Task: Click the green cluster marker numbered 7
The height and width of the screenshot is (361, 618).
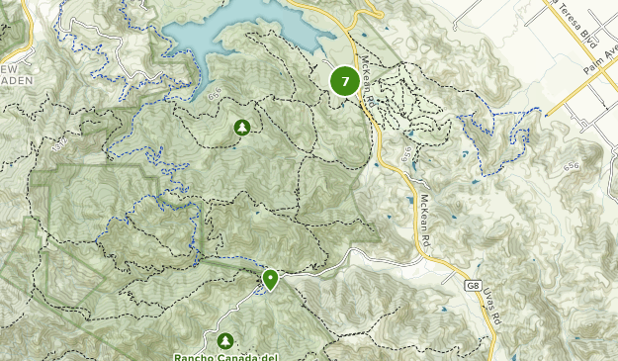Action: coord(344,80)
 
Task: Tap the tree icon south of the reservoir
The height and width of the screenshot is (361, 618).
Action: coord(241,128)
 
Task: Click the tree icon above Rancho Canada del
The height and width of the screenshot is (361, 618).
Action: coord(226,340)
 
